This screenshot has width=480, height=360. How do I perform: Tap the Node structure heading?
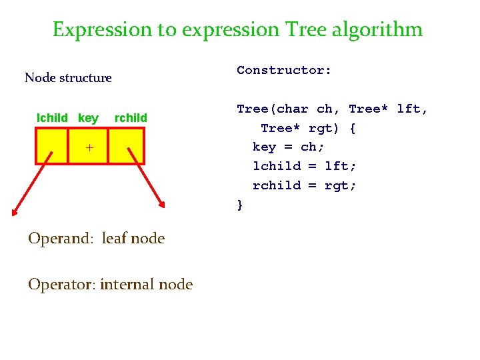[68, 77]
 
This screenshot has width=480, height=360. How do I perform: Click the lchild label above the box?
[52, 118]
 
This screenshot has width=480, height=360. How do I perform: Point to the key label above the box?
[88, 118]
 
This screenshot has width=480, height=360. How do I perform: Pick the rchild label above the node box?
[131, 118]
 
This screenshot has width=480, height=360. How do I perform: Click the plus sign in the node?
[89, 147]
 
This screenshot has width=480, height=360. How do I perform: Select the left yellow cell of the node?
[52, 146]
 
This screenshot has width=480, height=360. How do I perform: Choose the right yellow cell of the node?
[126, 146]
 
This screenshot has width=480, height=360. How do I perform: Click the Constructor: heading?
[284, 70]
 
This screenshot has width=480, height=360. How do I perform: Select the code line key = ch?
[288, 147]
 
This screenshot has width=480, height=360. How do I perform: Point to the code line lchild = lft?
[304, 166]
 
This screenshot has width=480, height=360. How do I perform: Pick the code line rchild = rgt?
[304, 185]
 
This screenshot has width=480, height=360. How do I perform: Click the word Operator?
[63, 285]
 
